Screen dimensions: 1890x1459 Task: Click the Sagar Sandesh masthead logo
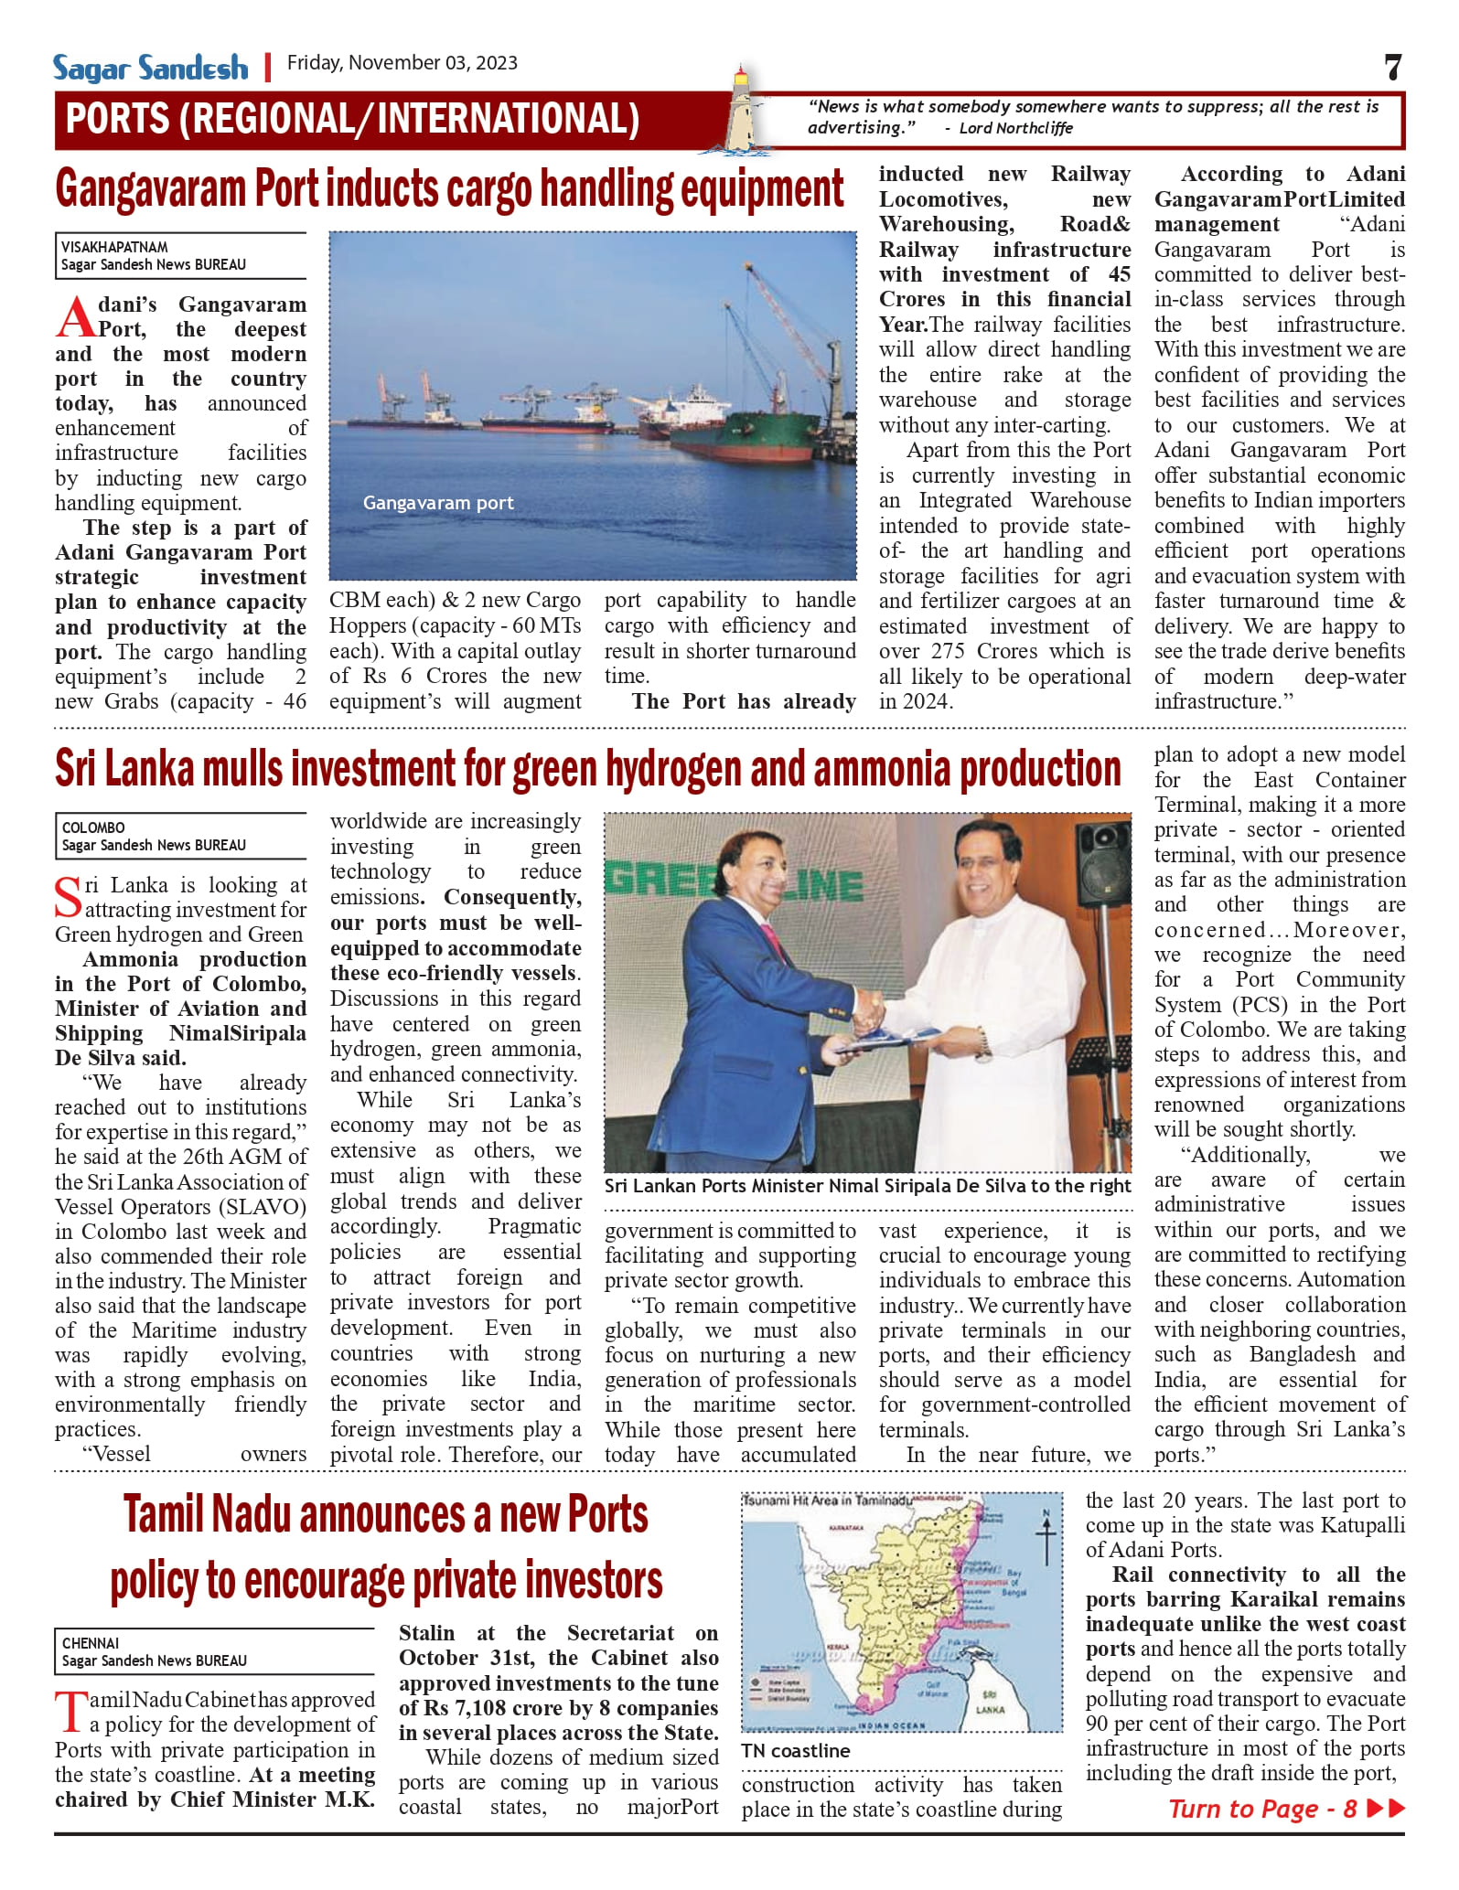click(x=150, y=68)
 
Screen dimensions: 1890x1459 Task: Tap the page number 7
click(x=1392, y=68)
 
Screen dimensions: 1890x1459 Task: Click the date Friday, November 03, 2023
click(x=402, y=63)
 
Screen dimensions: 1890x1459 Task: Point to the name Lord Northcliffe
click(x=1015, y=128)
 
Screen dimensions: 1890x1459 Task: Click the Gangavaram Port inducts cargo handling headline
click(x=449, y=189)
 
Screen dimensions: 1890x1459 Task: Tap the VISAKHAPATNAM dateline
click(x=114, y=247)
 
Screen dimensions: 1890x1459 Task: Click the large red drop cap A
click(x=75, y=318)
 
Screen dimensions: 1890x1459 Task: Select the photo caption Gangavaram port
click(x=438, y=503)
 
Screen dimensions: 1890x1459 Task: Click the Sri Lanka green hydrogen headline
click(x=587, y=769)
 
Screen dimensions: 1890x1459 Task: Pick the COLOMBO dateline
click(x=93, y=828)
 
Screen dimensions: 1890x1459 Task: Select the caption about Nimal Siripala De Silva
click(x=867, y=1186)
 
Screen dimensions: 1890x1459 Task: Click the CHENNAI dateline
click(x=91, y=1643)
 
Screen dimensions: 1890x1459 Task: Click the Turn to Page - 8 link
click(x=1285, y=1809)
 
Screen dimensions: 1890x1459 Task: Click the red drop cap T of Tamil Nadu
click(x=70, y=1713)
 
